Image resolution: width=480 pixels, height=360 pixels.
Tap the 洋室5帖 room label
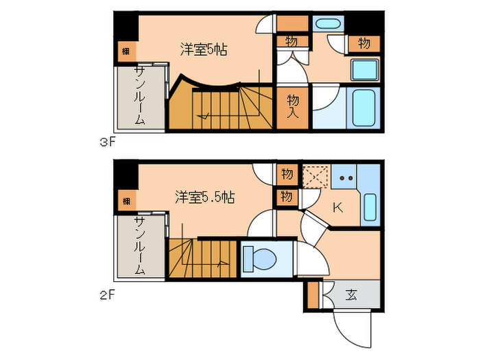(204, 49)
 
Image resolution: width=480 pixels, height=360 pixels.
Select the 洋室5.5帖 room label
(204, 197)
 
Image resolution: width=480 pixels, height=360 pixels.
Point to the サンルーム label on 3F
(139, 95)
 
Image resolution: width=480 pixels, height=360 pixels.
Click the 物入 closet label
(293, 106)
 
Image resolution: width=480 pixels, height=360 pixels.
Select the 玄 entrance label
(351, 296)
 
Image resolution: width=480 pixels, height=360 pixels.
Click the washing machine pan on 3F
(365, 70)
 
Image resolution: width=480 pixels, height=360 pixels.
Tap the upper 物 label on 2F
(287, 174)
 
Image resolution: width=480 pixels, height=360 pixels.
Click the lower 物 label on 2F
(287, 197)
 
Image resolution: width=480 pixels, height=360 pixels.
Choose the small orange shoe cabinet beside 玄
(313, 296)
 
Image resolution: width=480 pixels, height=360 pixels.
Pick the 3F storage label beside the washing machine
(364, 43)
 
